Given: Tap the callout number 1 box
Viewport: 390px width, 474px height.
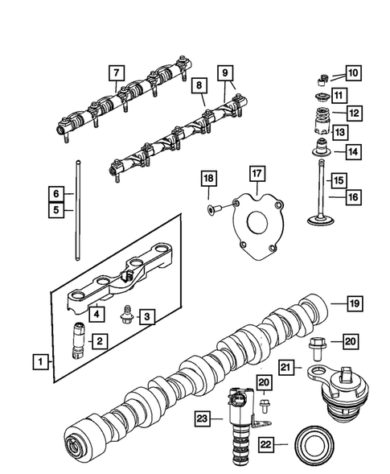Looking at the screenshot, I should point(39,362).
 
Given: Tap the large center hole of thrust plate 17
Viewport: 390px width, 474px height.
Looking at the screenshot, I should point(261,224).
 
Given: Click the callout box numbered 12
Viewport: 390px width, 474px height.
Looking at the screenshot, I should point(352,112).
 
